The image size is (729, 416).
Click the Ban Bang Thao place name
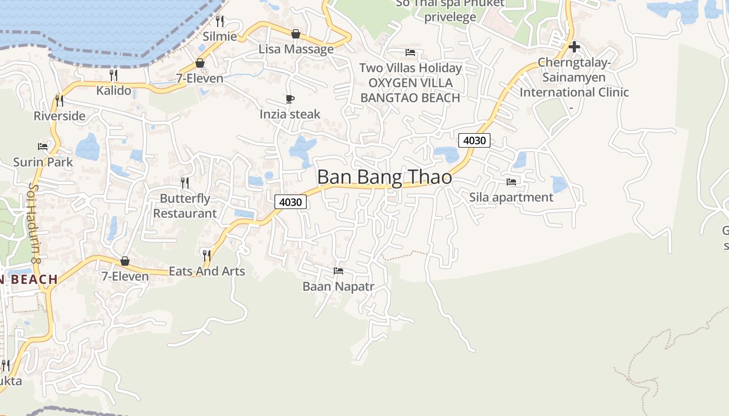(384, 177)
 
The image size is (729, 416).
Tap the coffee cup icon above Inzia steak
(290, 99)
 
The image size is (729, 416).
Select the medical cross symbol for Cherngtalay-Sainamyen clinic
(574, 47)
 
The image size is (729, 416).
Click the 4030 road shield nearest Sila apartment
(474, 140)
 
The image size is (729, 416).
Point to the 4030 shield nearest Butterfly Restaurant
(291, 202)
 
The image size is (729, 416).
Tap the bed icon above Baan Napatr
(338, 271)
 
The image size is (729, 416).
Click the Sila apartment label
(511, 198)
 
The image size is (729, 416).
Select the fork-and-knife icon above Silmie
(220, 21)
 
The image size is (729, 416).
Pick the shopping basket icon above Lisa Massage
(296, 34)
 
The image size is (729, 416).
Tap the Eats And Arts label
(207, 271)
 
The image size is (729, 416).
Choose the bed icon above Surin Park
(43, 147)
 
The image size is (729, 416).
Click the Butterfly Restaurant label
(185, 206)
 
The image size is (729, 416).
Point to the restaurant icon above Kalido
(114, 75)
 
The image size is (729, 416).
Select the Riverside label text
(59, 116)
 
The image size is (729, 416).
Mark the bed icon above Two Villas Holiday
(410, 53)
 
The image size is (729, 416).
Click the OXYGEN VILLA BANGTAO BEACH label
(410, 90)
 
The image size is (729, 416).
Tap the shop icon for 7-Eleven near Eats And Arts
(125, 261)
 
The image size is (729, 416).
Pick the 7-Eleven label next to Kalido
(199, 79)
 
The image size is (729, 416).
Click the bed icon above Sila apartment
(511, 182)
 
